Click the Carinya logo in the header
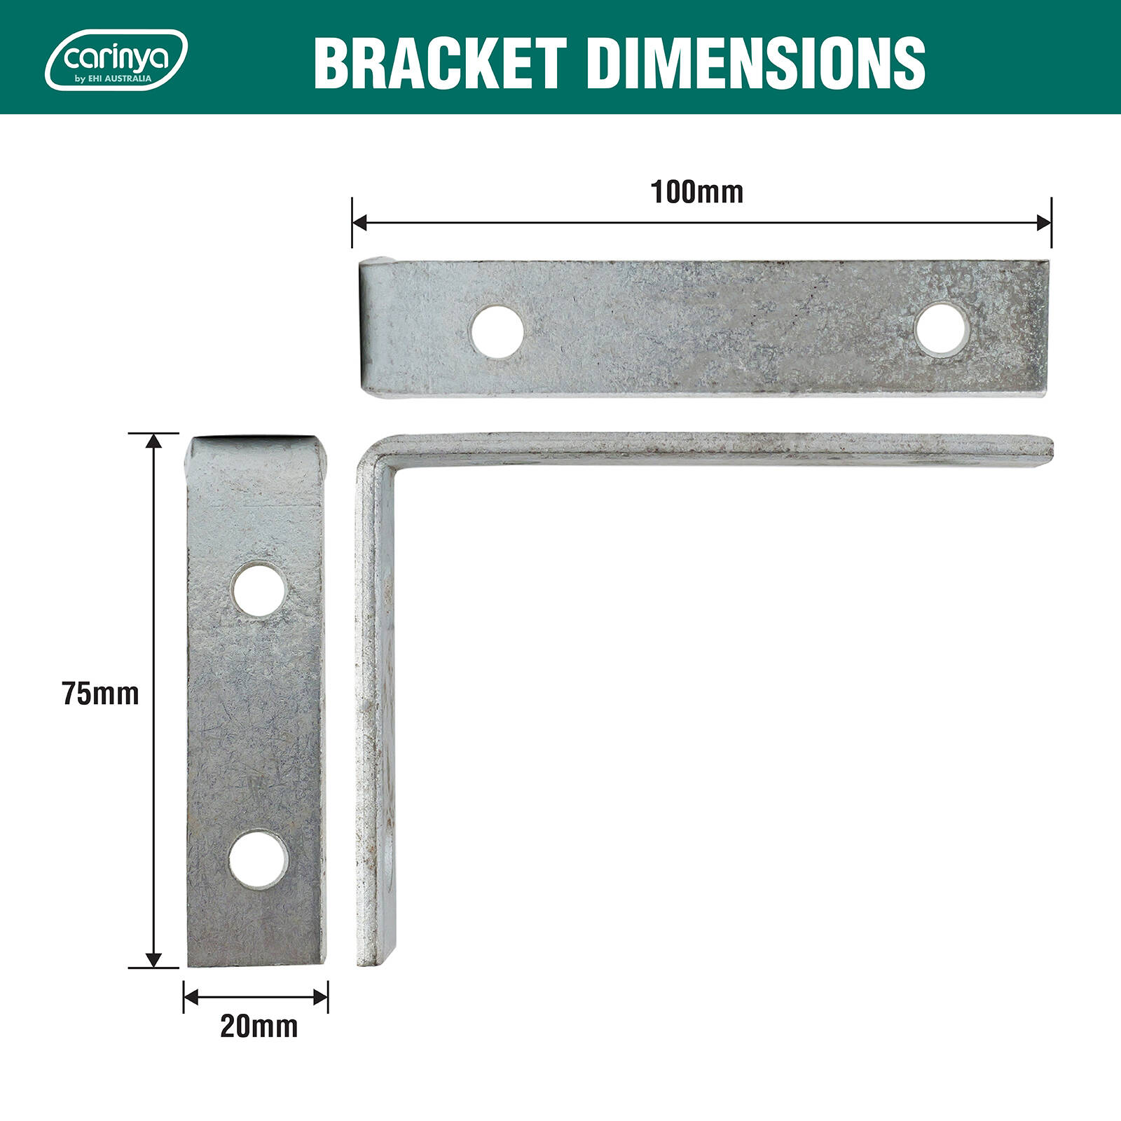(116, 60)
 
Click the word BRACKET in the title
(440, 63)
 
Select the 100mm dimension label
(697, 192)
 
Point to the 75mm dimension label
(100, 694)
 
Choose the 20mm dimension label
(259, 1026)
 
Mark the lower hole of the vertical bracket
(258, 860)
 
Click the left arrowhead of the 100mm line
(359, 223)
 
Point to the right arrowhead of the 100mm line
(1044, 223)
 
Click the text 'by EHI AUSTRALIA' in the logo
(113, 79)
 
